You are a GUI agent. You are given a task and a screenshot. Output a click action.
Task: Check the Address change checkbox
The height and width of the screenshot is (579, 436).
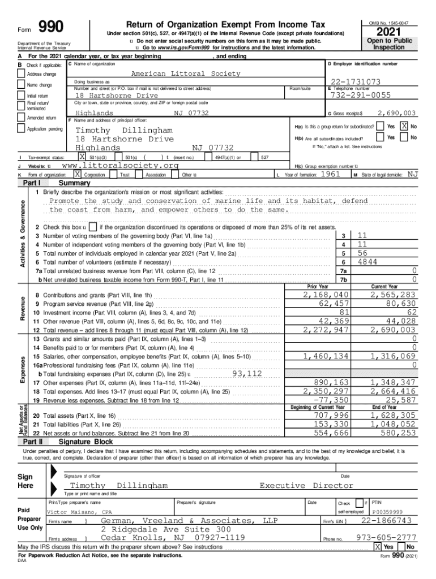pyautogui.click(x=22, y=74)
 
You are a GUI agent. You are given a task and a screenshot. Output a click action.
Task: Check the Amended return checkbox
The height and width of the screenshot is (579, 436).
pyautogui.click(x=22, y=118)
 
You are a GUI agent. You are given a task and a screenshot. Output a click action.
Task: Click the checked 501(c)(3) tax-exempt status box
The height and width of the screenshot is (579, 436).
pyautogui.click(x=83, y=157)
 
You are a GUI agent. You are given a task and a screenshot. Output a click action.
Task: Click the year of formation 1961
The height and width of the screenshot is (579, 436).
pyautogui.click(x=330, y=175)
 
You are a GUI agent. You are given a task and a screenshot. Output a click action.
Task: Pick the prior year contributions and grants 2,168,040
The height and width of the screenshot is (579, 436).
pyautogui.click(x=326, y=295)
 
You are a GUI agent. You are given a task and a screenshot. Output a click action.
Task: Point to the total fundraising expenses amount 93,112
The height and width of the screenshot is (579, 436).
pyautogui.click(x=247, y=373)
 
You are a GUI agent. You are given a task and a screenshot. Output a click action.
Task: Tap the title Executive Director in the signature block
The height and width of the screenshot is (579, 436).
pyautogui.click(x=306, y=485)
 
